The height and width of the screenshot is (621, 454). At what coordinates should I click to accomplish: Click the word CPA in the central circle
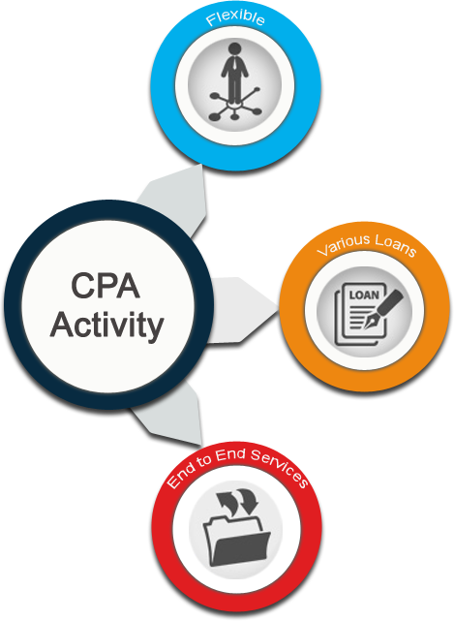point(106,285)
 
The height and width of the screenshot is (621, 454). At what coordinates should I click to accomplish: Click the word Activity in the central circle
point(106,325)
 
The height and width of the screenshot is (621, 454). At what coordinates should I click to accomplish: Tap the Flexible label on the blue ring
point(235,18)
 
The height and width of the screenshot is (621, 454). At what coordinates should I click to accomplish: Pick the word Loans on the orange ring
point(396,245)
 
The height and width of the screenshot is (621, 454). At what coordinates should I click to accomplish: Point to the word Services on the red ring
point(280,467)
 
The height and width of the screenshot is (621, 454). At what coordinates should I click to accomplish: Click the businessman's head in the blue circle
point(234,48)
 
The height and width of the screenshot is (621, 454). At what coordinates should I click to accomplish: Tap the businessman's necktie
point(234,63)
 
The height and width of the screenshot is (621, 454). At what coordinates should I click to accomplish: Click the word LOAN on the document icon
point(364,295)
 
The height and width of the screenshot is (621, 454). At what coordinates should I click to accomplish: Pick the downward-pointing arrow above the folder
point(249,500)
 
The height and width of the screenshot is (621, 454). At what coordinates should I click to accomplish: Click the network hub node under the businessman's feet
point(234,104)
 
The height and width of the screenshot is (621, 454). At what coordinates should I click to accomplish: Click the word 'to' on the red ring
point(206,459)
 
